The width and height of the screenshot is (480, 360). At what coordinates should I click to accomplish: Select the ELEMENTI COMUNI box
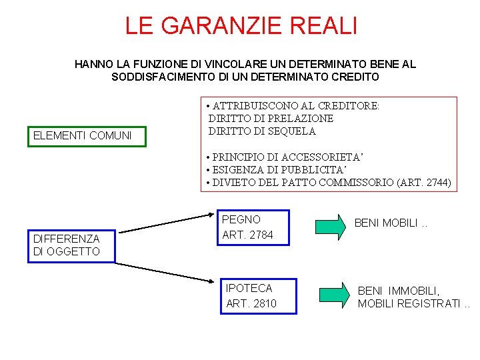[x=83, y=136]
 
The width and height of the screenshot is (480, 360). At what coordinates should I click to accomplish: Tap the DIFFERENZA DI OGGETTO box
[x=71, y=245]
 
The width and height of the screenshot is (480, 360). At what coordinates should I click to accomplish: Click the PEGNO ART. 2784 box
[x=252, y=227]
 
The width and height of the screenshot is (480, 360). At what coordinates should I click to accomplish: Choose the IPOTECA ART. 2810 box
[x=257, y=296]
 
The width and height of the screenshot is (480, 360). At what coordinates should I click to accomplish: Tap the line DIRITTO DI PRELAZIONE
[x=271, y=118]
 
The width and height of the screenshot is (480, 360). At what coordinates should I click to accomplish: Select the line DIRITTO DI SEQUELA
[x=262, y=131]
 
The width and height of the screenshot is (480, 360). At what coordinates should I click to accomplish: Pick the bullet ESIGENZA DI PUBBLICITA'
[x=277, y=170]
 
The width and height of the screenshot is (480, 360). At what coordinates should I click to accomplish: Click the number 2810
[x=264, y=304]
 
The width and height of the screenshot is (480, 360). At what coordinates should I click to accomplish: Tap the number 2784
[x=260, y=235]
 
